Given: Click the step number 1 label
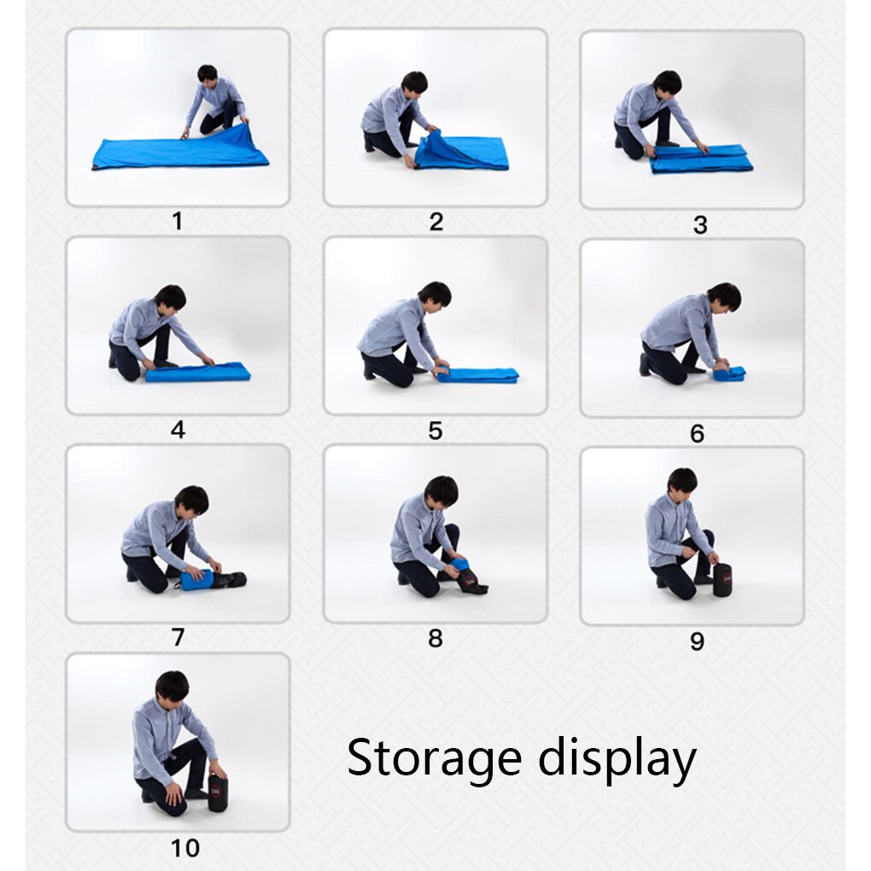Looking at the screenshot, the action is coord(178,221).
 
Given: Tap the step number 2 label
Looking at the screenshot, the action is coord(436,222).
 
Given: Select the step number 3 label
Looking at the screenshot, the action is coord(700,225).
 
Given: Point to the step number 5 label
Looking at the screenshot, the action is coord(435,430).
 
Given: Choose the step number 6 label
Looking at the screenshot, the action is coord(697,433).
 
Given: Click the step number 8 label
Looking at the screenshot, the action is coord(435,638).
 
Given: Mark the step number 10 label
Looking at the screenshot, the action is coord(185,848).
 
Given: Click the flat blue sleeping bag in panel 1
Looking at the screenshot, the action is coord(180,149).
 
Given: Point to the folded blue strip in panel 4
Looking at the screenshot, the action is coord(198,372).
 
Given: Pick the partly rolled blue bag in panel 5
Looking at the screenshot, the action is coord(477,375).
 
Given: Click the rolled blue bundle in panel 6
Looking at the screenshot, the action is coord(728,371).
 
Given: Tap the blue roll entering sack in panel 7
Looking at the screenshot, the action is coord(196,579).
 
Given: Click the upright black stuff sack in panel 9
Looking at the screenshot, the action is coord(722,580).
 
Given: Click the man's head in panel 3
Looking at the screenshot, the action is coord(667,85).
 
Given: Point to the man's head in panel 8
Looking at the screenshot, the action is coord(441,492).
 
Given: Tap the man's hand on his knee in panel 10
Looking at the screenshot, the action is coord(174,794).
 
